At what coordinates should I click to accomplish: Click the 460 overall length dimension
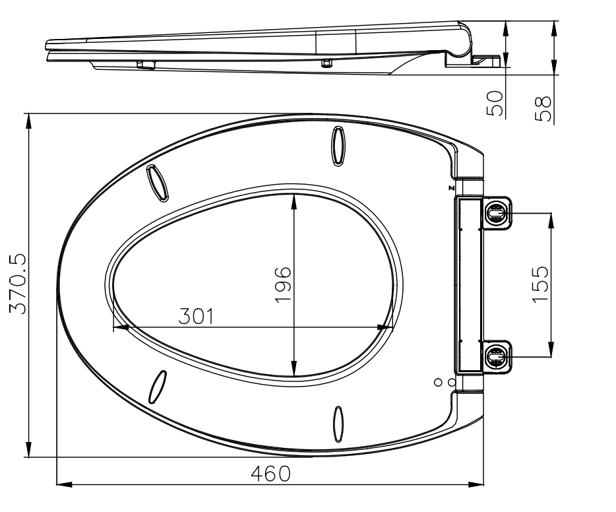click(270, 474)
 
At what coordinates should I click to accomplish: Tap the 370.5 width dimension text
click(18, 284)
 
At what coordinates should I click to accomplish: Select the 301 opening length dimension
click(197, 316)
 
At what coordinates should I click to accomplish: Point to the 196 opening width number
click(283, 285)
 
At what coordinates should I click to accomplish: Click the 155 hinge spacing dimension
click(541, 284)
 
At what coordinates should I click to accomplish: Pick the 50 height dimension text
click(495, 104)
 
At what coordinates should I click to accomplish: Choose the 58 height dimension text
click(543, 109)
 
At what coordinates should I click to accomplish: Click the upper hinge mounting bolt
click(496, 213)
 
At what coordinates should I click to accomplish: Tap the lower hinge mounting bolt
click(496, 357)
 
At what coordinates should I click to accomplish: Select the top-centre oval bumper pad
click(338, 146)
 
